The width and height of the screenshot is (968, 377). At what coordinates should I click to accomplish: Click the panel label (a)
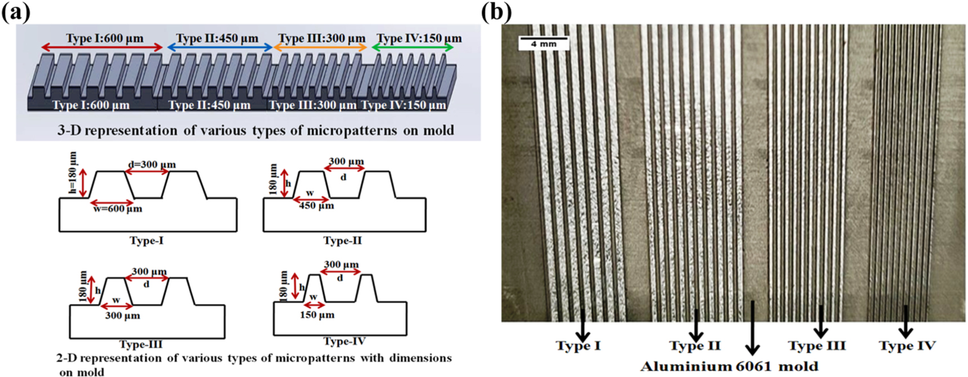(x=15, y=11)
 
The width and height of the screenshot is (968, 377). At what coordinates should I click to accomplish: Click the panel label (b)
(x=496, y=11)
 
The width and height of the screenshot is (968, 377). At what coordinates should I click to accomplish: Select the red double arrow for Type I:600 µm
(x=101, y=48)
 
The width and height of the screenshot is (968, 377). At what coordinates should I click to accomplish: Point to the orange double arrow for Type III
(x=320, y=48)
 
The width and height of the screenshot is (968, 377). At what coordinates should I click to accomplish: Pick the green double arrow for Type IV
(x=413, y=48)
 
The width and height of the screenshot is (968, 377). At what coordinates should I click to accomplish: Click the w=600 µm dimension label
(x=117, y=209)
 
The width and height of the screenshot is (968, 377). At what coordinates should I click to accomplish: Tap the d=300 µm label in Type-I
(x=151, y=165)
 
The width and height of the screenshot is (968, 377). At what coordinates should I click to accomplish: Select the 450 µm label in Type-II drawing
(x=316, y=206)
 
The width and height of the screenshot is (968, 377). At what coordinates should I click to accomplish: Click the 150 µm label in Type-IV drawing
(x=317, y=315)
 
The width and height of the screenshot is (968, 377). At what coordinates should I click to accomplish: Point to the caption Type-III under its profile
(x=141, y=344)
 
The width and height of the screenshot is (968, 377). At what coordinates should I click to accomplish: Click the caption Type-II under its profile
(x=342, y=241)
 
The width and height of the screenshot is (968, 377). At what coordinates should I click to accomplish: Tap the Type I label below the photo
(x=578, y=345)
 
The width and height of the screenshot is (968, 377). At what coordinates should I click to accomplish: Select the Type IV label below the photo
(x=907, y=345)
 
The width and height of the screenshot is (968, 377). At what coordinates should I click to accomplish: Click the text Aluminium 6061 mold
(x=729, y=367)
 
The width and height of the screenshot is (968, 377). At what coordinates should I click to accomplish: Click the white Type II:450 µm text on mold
(x=209, y=105)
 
